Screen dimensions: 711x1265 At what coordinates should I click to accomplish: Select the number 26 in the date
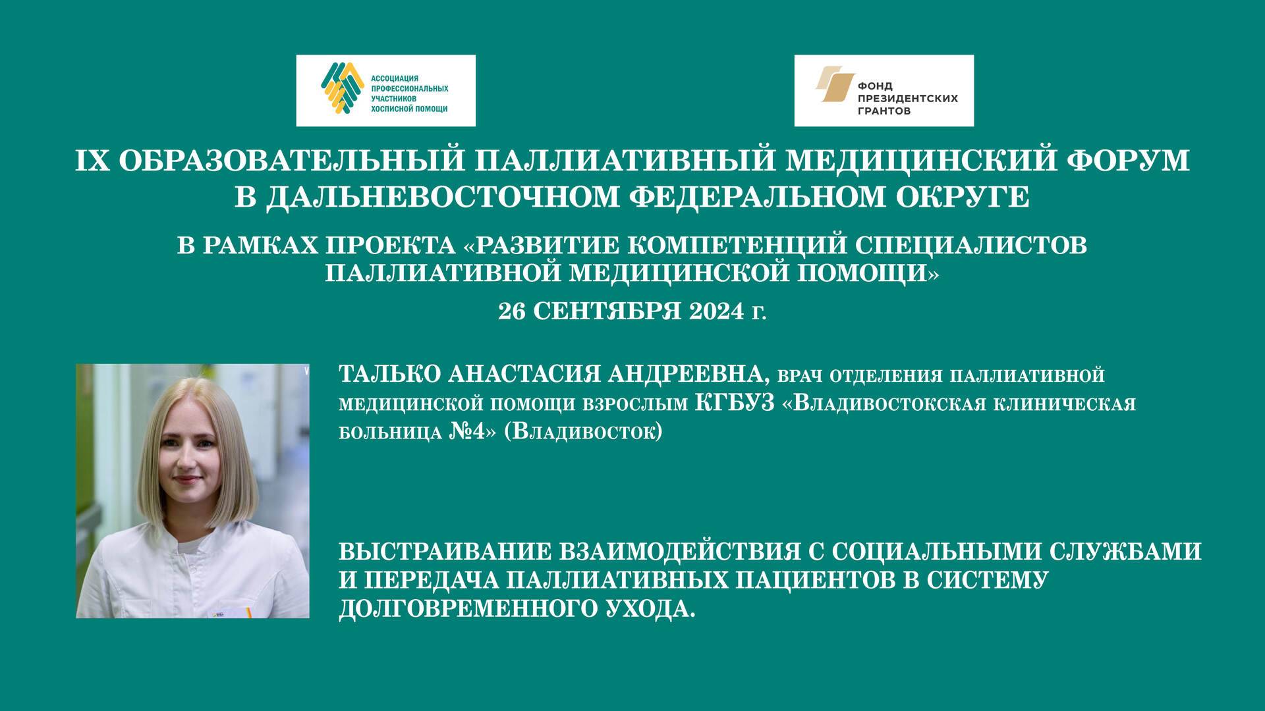coord(511,311)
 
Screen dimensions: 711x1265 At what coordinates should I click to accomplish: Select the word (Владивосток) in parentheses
coord(583,433)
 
